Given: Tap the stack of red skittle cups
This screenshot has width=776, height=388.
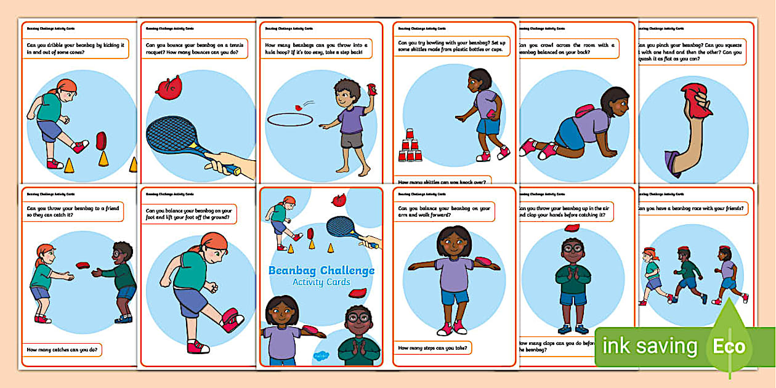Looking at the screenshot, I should click(x=410, y=147).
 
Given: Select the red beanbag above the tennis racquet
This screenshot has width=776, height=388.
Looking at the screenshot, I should click(x=169, y=87).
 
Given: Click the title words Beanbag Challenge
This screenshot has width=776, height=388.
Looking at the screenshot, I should click(x=321, y=270).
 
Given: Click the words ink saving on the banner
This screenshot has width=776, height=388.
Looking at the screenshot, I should click(x=649, y=346).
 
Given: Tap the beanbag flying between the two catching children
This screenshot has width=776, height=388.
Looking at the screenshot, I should click(x=83, y=265).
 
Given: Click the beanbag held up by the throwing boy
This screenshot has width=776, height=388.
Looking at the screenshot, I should click(x=371, y=89).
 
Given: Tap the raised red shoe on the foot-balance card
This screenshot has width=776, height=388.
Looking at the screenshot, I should click(x=232, y=319).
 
